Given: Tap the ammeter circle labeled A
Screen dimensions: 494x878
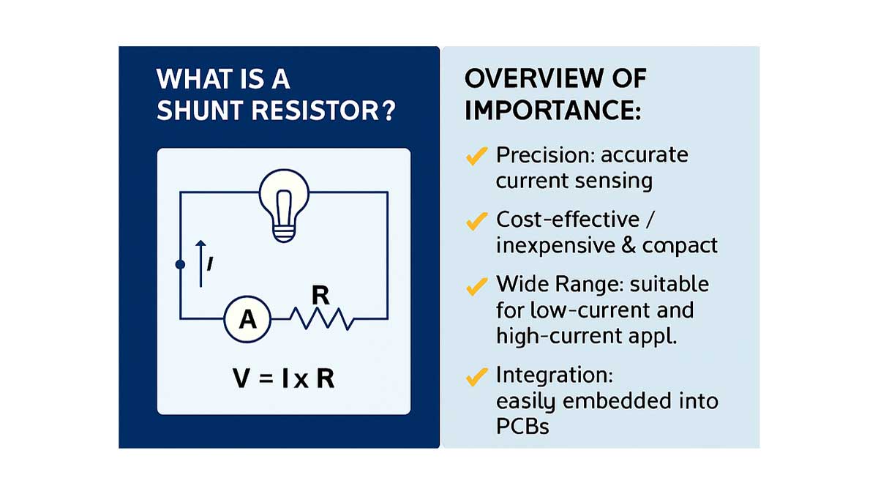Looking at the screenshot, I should (247, 320).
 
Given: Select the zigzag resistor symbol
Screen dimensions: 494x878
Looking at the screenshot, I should (322, 319).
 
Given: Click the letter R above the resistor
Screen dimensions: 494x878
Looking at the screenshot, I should (319, 296).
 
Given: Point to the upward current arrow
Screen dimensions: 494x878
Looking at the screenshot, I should (201, 262).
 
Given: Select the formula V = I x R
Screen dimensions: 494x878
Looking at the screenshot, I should (283, 379).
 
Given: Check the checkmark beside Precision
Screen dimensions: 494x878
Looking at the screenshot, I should (476, 155).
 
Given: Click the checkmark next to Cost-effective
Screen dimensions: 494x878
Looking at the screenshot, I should (476, 220).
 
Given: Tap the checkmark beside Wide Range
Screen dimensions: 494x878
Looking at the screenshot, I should (476, 285).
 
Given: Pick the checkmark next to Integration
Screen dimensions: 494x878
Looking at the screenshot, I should (476, 377).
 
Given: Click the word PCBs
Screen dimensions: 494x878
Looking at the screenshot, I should (522, 425).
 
